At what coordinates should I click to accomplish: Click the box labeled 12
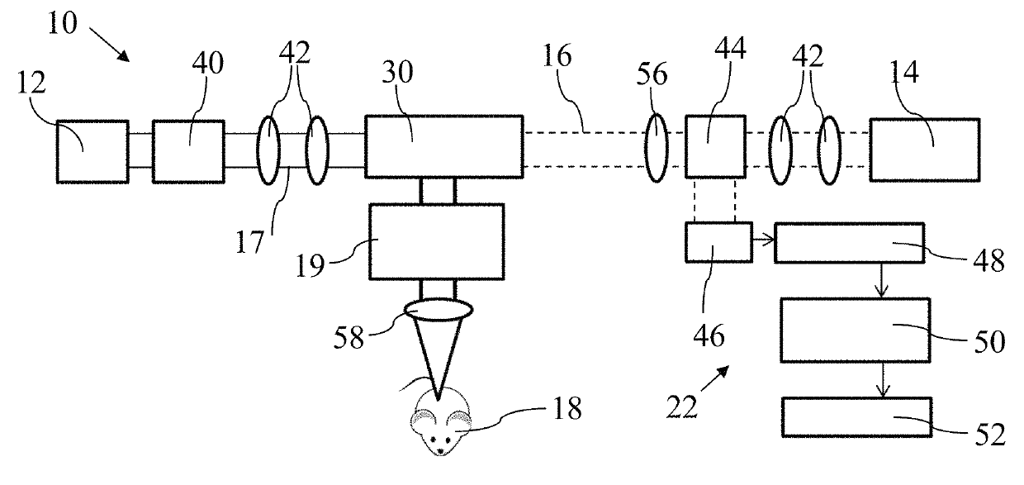(x=92, y=151)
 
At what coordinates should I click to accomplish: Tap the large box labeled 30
(x=443, y=145)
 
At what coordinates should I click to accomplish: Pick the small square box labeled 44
(x=713, y=146)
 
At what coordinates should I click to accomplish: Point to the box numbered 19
(x=437, y=241)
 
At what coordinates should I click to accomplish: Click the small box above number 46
(x=718, y=242)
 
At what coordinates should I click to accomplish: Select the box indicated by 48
(x=849, y=242)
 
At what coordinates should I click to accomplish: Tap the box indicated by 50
(x=854, y=330)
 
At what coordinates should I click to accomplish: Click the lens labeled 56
(x=656, y=147)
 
